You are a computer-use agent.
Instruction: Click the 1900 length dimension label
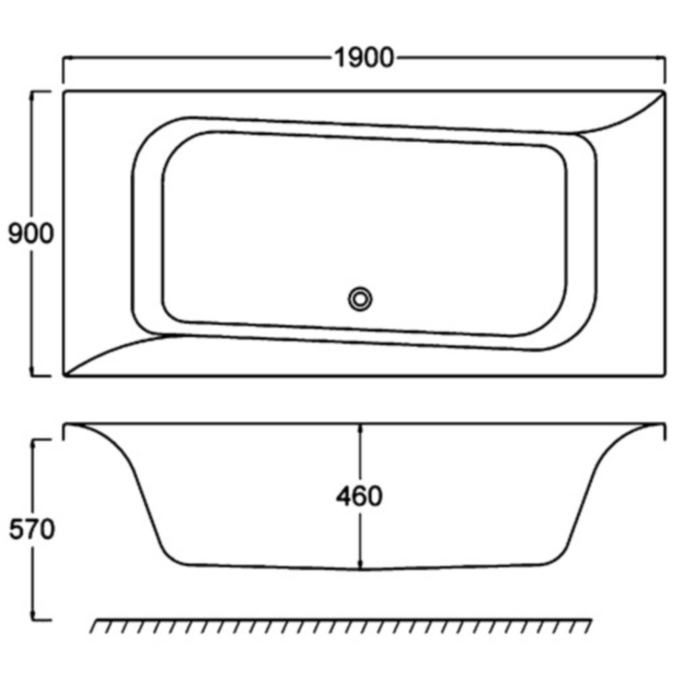tap(364, 59)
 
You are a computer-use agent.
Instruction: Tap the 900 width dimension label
tap(30, 233)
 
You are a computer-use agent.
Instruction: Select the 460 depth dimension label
tap(359, 496)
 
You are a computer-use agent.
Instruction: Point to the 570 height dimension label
tap(32, 529)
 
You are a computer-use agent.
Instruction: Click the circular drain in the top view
tap(360, 299)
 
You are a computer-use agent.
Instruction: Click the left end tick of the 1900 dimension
tap(63, 59)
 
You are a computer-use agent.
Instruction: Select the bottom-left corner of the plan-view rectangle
tap(64, 376)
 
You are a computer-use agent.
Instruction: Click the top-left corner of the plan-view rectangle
tap(64, 91)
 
